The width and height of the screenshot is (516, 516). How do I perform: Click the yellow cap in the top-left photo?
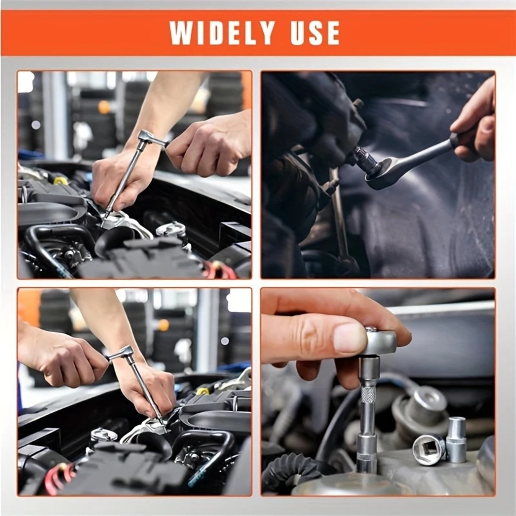point(60,181)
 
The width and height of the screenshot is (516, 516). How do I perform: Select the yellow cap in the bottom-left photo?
point(203,391)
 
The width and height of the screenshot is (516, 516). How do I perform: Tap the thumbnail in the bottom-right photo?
point(349,338)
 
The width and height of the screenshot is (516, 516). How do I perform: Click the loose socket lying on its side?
point(429,449)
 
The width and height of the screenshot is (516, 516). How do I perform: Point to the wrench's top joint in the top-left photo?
point(146,138)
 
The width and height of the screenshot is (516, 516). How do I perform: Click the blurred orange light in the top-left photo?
point(105,107)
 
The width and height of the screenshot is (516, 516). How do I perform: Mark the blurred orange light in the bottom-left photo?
point(164,325)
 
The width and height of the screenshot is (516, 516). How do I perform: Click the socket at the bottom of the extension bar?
point(367,451)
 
